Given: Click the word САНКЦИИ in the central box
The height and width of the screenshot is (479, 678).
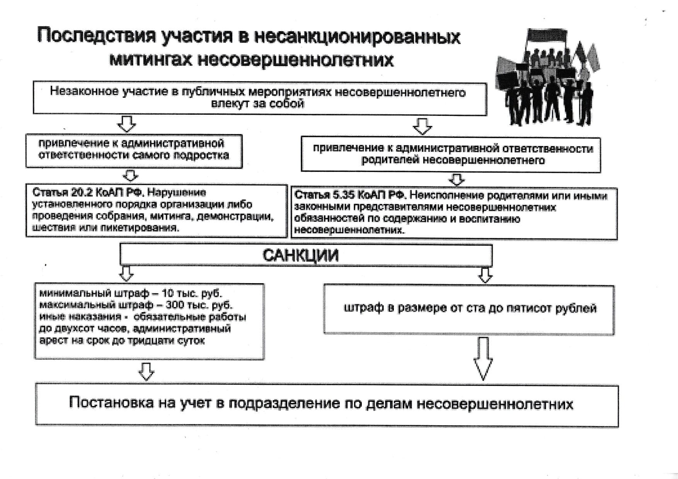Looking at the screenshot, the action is pos(300,255).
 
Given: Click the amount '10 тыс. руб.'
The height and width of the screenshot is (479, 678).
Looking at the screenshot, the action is pos(192,293).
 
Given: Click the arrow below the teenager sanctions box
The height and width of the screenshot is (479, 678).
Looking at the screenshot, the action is pos(146,371).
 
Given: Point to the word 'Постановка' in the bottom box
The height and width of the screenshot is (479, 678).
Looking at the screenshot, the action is pos(111,403).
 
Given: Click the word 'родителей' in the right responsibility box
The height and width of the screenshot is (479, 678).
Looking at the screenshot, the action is pos(390,160).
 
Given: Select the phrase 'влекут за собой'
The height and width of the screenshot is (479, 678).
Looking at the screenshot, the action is pos(257,104).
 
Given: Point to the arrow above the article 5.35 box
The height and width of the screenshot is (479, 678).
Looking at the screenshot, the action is pos(457,179).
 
